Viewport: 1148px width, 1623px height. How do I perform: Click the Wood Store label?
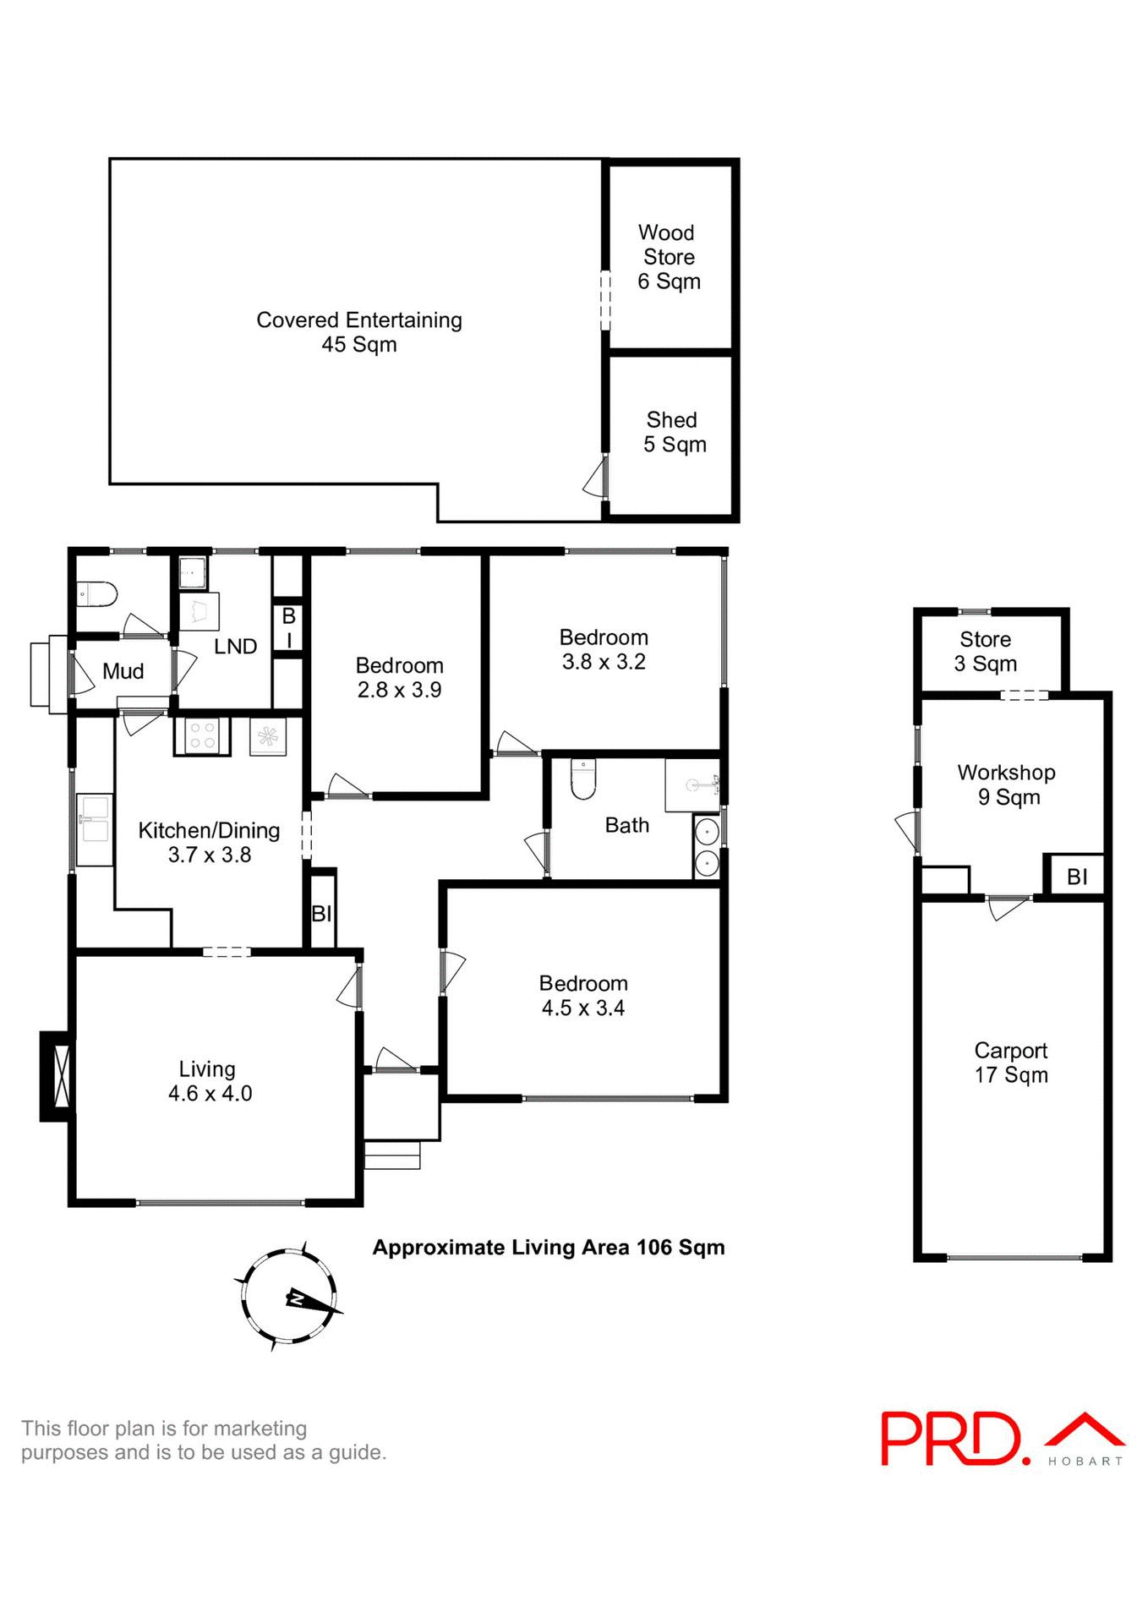668,256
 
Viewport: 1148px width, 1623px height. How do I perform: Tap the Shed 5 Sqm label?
674,432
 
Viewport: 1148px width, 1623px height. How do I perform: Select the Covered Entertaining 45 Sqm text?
359,331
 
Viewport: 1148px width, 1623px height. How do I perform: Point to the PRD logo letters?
950,1438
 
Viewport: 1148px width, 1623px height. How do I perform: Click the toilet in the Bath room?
583,779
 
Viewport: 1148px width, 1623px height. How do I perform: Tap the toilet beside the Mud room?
96,594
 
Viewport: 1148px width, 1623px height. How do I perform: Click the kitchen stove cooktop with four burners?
202,736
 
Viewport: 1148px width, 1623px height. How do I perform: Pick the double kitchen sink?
94,818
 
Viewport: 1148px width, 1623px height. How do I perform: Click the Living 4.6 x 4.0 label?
209,1081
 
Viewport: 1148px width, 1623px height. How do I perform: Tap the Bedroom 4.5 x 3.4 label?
583,995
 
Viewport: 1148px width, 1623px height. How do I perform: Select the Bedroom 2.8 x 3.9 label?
399,677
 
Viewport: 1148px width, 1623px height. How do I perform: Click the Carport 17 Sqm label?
1011,1063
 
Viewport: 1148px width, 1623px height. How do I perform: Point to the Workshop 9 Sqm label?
1007,784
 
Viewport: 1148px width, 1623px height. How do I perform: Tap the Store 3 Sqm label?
986,651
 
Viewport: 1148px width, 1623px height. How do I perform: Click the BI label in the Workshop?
1077,877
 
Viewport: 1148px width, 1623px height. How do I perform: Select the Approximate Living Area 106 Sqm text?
549,1248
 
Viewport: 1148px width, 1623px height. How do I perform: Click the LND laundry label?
235,647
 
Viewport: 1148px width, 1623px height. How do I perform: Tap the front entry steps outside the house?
392,1155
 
